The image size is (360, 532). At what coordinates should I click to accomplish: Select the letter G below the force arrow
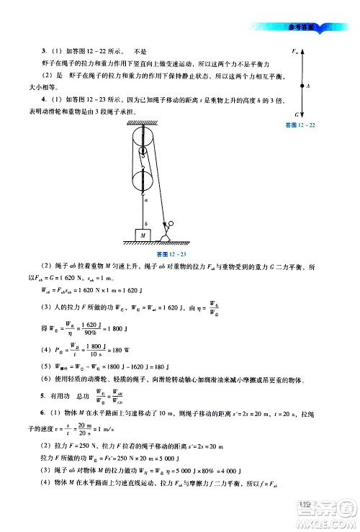pos(297,114)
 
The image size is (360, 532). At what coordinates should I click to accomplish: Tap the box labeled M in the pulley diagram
pos(143,235)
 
